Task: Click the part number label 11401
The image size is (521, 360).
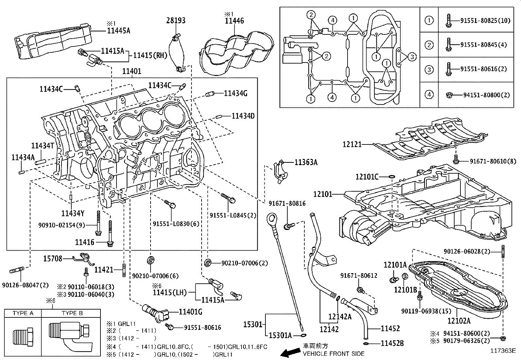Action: [x=132, y=71]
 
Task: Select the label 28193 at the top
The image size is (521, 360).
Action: [x=176, y=20]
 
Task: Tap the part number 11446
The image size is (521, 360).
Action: [x=234, y=21]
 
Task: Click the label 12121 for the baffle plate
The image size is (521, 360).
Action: [x=352, y=144]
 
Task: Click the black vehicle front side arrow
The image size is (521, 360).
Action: [x=291, y=352]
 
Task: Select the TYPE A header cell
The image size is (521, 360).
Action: [x=23, y=313]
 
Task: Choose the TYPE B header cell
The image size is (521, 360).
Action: [x=72, y=313]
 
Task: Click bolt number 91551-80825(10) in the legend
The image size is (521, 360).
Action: [x=485, y=20]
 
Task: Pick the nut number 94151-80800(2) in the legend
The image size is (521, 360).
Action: [x=486, y=95]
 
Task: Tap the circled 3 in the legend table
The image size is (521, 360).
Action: [x=429, y=69]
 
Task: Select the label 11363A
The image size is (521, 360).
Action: [x=306, y=162]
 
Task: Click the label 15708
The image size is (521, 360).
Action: [x=53, y=259]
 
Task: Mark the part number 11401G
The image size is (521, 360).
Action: [x=190, y=312]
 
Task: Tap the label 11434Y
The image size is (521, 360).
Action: [x=73, y=214]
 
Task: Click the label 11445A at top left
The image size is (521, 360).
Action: [x=118, y=31]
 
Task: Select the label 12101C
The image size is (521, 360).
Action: [x=367, y=177]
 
